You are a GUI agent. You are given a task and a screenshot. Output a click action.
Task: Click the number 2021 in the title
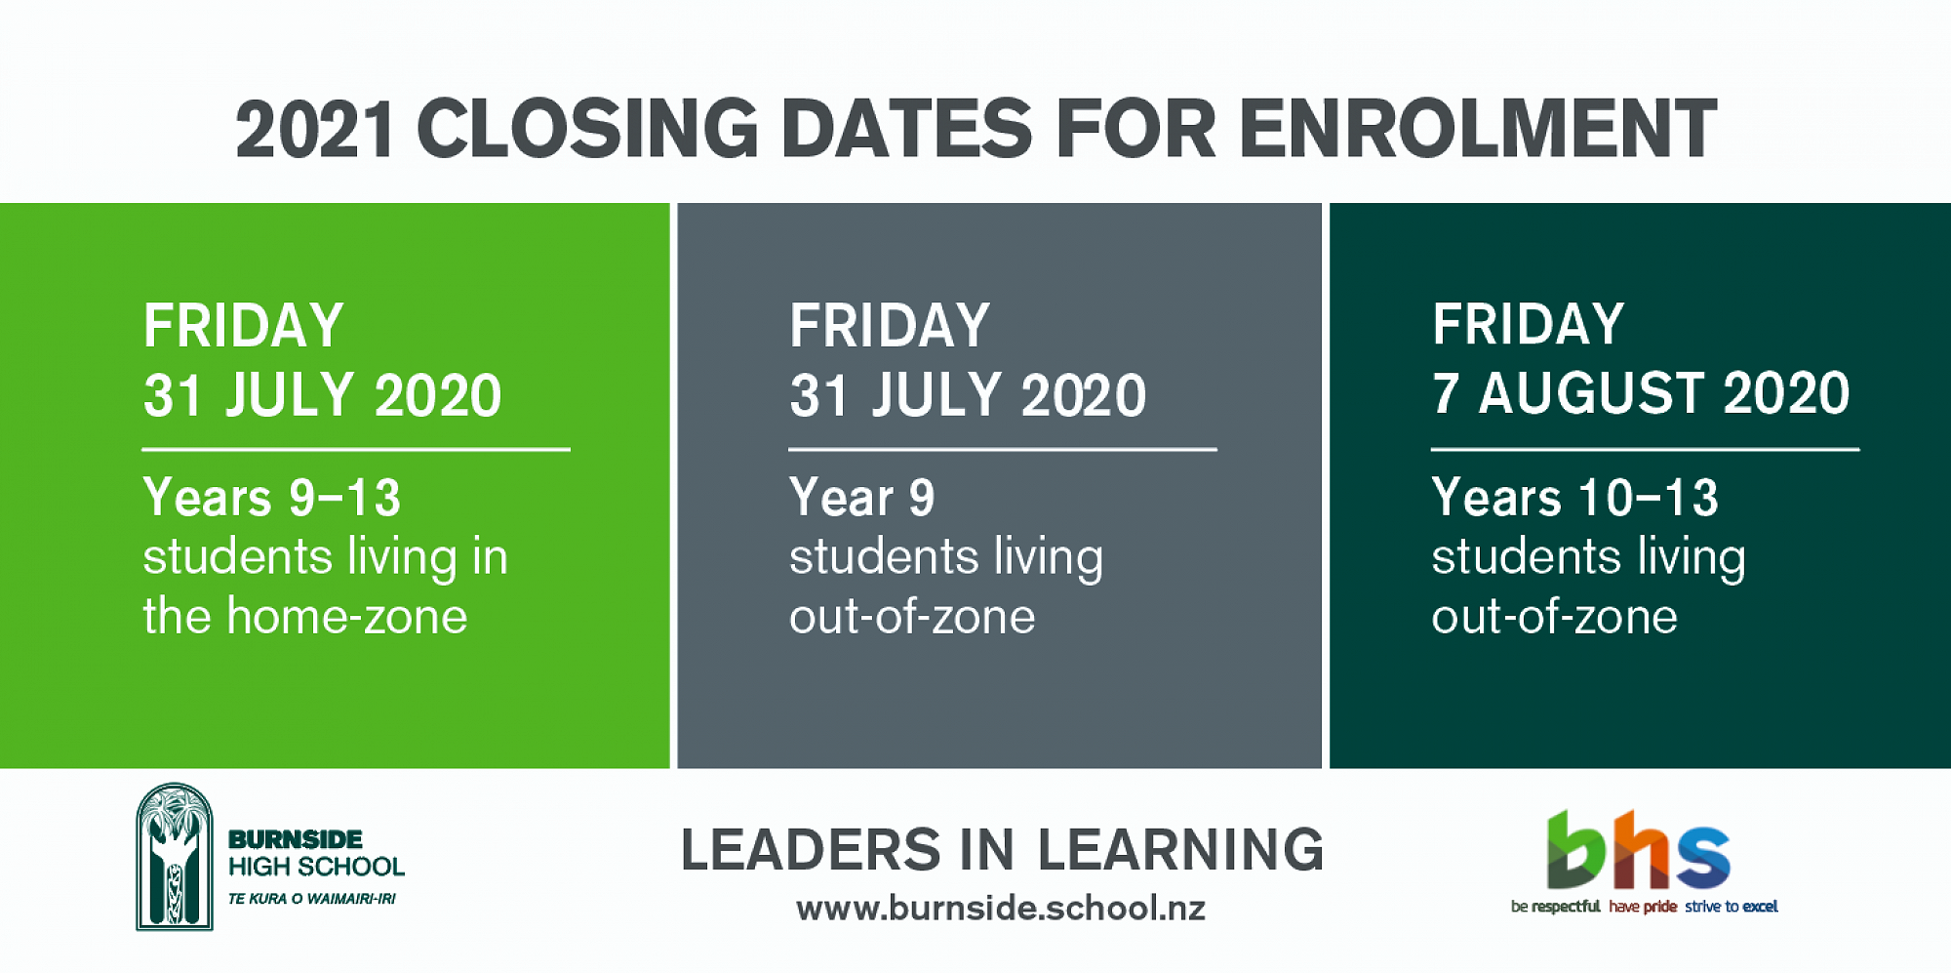point(315,129)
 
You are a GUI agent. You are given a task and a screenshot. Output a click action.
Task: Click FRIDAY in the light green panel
point(244,325)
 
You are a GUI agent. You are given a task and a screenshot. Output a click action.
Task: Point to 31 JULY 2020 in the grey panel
point(968,395)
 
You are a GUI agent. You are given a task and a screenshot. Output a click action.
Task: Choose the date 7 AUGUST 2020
point(1641,393)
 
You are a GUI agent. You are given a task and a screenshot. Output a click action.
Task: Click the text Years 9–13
point(272,498)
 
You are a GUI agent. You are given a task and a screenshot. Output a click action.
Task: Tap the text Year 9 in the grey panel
point(862,498)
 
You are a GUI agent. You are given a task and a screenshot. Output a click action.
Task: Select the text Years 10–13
point(1574,498)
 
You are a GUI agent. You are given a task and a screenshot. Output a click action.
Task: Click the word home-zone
point(347,617)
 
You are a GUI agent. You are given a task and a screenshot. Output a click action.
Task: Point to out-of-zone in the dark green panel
point(1555,617)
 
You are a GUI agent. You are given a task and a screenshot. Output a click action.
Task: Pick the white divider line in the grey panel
point(1003,449)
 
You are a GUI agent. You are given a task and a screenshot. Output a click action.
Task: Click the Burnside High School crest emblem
point(175,856)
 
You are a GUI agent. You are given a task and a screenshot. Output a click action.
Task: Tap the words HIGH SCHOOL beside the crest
point(316,867)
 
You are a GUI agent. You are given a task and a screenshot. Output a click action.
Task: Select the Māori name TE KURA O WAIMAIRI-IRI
point(312,899)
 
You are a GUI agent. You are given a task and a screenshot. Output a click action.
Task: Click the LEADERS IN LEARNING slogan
point(1002,849)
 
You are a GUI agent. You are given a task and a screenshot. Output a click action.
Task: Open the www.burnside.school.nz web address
point(1001,909)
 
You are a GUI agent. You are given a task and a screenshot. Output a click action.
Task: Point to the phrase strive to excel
point(1732,907)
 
